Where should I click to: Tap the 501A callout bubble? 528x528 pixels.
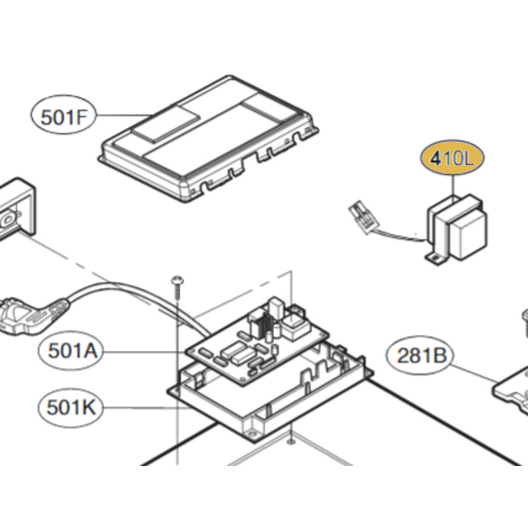coord(73,350)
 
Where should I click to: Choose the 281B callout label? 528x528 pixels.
coord(422,356)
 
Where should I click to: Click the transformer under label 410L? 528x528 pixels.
coord(457,228)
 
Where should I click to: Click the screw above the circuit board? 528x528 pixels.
coord(178,285)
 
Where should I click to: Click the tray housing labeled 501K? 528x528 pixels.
coord(277,396)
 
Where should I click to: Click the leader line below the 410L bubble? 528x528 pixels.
coord(453,185)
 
